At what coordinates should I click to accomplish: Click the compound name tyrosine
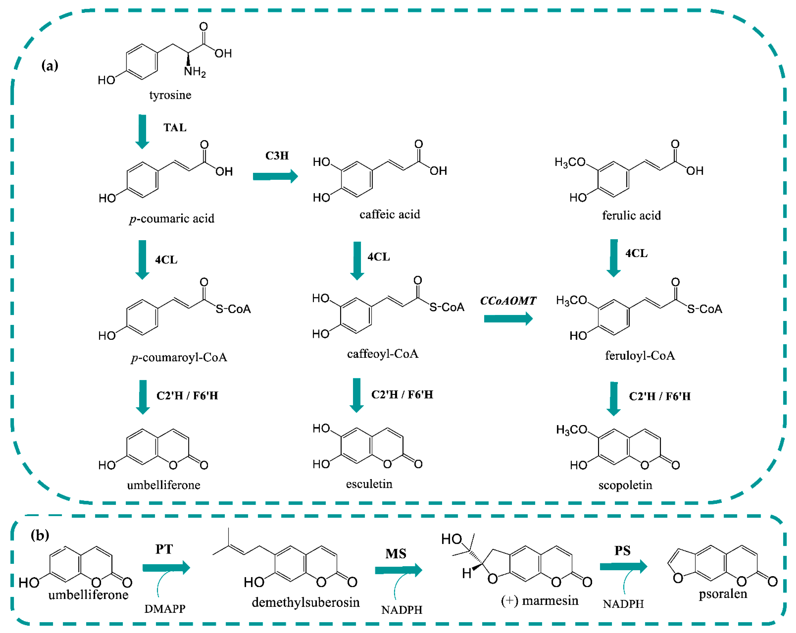[170, 95]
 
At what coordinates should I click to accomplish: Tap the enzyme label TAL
[175, 127]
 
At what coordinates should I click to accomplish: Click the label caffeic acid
[389, 214]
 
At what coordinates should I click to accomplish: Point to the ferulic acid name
[631, 215]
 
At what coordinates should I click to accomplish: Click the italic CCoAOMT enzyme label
[508, 301]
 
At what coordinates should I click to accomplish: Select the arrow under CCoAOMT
[508, 318]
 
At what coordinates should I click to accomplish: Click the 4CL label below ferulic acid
[636, 253]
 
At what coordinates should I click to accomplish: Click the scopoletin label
[625, 485]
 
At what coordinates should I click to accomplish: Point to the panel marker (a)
[50, 66]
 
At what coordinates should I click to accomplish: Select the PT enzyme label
[164, 549]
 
